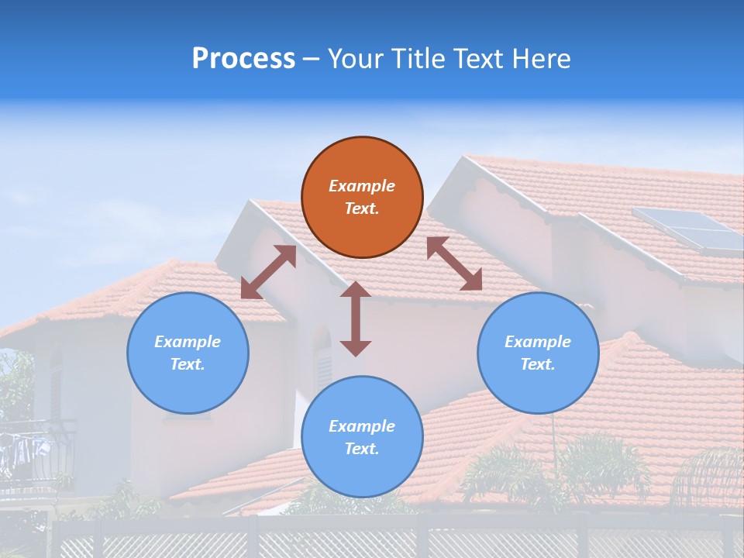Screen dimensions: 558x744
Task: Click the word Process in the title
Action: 243,59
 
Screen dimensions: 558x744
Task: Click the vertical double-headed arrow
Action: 356,319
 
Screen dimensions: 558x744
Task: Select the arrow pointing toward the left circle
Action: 268,272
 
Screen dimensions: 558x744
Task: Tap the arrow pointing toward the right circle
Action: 454,263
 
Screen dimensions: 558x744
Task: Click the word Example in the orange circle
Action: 362,186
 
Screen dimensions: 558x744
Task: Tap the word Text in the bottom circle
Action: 362,449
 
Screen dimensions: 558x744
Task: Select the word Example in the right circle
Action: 538,342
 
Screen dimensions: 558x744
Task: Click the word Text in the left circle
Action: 188,364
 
